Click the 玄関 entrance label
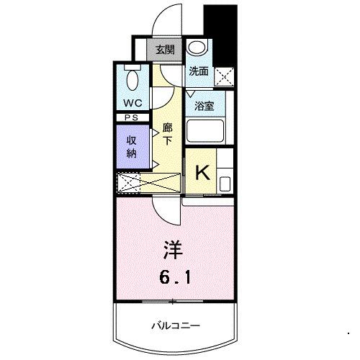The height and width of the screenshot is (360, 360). coord(164,50)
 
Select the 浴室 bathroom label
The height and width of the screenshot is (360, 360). coord(204,105)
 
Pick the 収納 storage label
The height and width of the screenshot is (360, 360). coord(132,147)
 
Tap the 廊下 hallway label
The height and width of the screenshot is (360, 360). coord(167,135)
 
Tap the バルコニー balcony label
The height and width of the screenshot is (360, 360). coord(175,325)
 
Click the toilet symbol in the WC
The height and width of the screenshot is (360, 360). coord(132,78)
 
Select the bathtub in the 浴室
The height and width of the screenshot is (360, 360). coord(205,132)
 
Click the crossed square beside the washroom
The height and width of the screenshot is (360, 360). coord(225,75)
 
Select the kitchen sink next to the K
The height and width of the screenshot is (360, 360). coord(225,179)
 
